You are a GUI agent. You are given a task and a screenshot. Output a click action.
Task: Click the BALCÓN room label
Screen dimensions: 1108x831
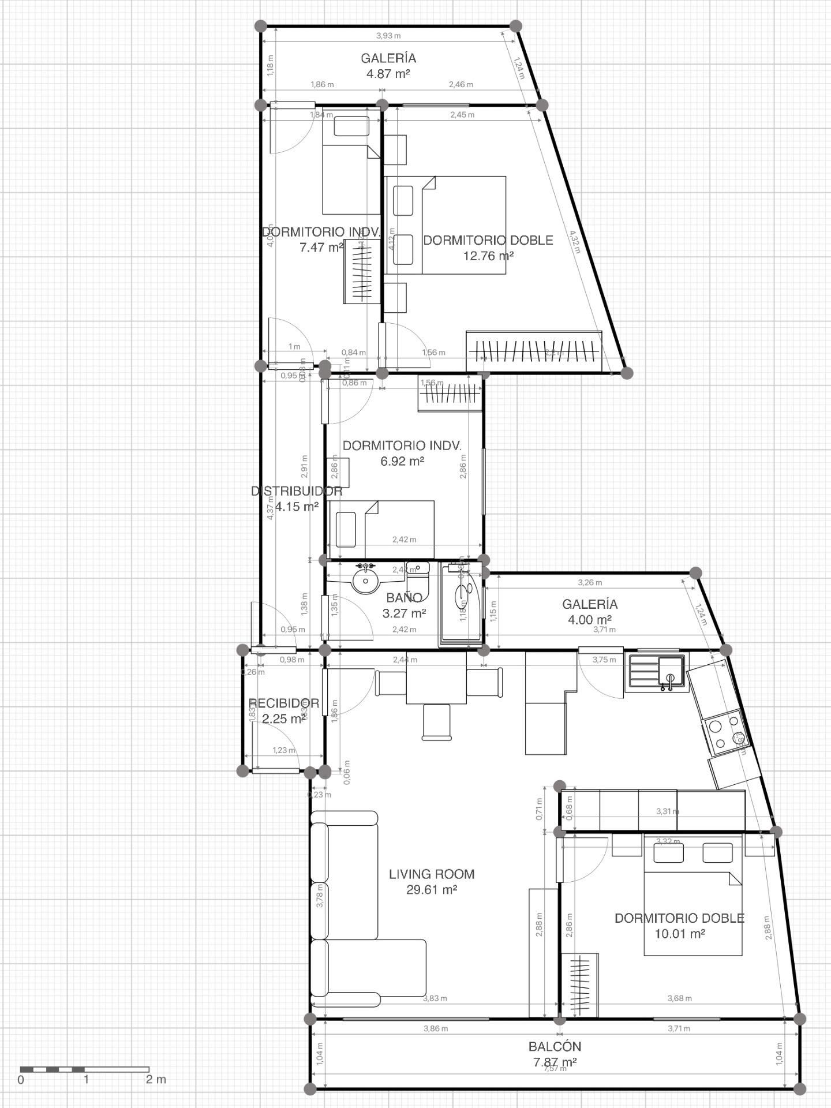555,1046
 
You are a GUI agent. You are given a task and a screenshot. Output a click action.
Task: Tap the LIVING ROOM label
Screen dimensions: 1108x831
432,874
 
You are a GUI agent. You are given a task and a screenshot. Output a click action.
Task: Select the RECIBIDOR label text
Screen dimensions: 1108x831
283,703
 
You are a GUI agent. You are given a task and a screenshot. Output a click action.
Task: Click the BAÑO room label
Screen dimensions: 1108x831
404,597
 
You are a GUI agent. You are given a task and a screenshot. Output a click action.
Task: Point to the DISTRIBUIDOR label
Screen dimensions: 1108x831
297,491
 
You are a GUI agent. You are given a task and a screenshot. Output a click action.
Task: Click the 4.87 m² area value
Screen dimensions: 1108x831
388,73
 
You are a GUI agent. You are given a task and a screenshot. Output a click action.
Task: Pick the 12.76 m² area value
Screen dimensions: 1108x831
488,255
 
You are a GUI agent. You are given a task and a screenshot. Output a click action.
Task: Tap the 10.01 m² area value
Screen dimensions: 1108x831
679,933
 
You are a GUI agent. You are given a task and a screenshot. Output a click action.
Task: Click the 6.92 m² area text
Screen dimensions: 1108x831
402,461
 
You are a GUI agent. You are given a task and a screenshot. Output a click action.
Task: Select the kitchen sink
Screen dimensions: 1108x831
657,672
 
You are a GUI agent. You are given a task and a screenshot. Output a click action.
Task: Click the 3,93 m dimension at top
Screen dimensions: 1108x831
388,36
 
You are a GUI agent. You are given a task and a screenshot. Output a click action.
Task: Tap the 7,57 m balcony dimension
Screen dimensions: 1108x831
555,1068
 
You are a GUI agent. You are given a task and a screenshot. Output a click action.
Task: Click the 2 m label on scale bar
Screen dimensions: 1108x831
155,1079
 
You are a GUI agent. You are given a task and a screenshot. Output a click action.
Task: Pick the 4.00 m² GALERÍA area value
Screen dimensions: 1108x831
589,620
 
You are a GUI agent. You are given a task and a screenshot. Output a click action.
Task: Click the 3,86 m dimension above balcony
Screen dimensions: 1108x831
435,1028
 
